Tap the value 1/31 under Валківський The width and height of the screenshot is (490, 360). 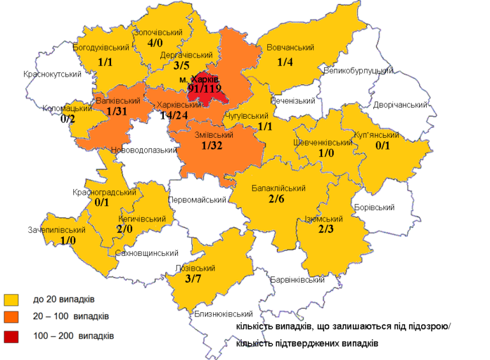pyautogui.click(x=118, y=112)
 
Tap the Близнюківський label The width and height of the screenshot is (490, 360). pyautogui.click(x=222, y=313)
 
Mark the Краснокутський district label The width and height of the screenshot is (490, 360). pyautogui.click(x=52, y=75)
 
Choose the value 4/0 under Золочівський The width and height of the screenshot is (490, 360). pyautogui.click(x=154, y=43)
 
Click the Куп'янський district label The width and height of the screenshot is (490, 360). pyautogui.click(x=378, y=135)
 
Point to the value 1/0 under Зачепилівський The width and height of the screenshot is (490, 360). pyautogui.click(x=68, y=241)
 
